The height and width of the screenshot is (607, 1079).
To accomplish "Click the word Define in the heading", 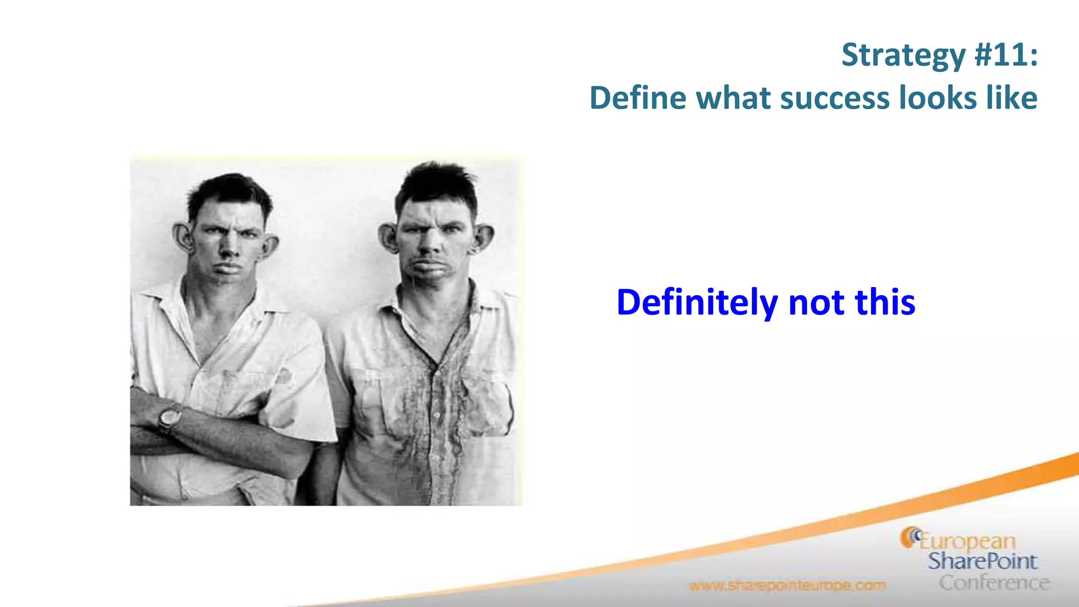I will pos(637,99).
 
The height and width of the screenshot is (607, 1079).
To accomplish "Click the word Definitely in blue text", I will pos(697,303).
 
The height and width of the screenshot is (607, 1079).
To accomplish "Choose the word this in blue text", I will pos(885,303).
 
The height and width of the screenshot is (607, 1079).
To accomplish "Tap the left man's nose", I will pos(228,248).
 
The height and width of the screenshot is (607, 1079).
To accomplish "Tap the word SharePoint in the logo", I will pos(982,562).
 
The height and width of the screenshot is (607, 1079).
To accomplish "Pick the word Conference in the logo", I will pos(994,583).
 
